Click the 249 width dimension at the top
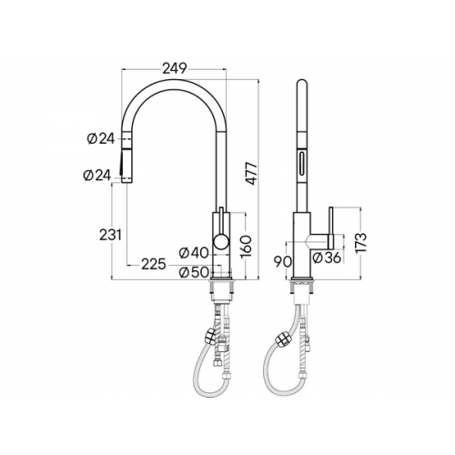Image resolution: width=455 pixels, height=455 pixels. tap(174, 68)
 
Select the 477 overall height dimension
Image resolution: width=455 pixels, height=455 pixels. tap(251, 173)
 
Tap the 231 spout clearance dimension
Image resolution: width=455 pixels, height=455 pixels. tap(111, 235)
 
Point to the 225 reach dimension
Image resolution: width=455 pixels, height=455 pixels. tap(154, 265)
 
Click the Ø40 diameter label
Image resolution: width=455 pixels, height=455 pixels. tap(194, 253)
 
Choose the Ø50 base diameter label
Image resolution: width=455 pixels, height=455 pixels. tap(194, 272)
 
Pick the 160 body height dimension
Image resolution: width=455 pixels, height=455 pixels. tap(246, 246)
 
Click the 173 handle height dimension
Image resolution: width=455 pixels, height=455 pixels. tap(360, 242)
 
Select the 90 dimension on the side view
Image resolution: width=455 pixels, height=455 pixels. tap(282, 261)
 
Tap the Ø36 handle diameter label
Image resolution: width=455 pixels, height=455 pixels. tap(327, 258)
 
